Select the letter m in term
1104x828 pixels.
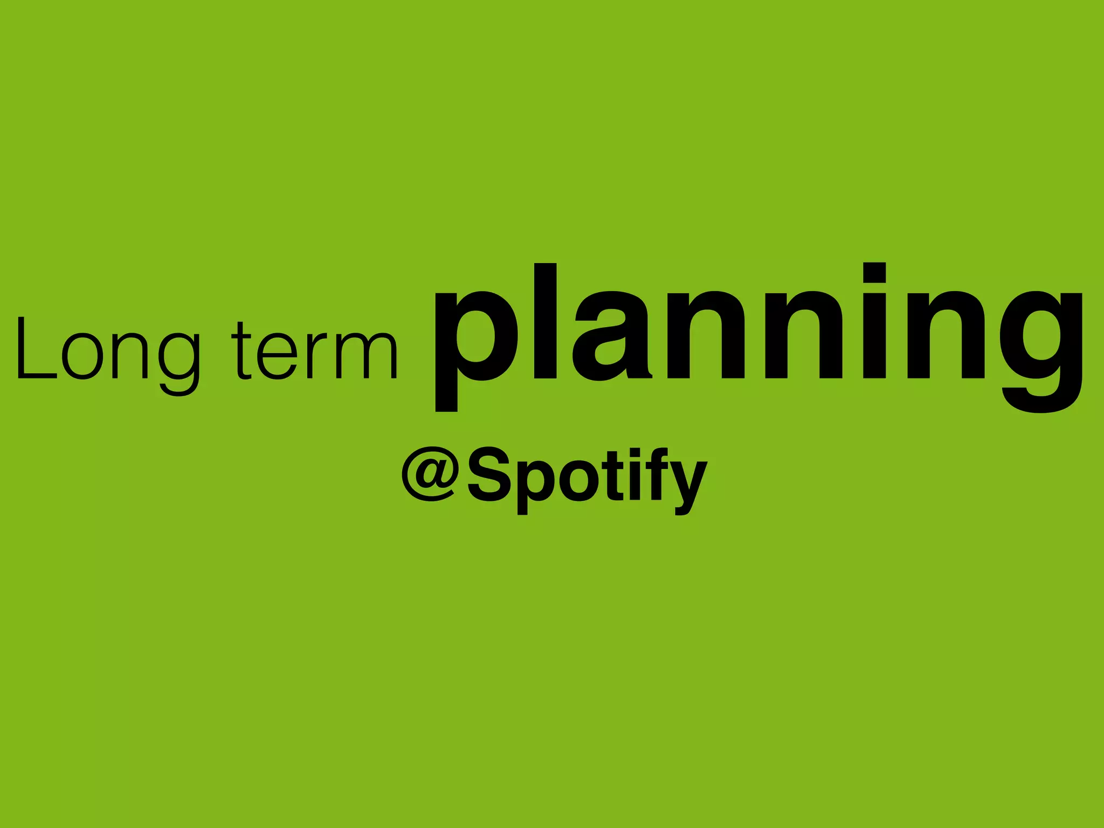coord(367,356)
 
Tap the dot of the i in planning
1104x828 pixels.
coord(874,273)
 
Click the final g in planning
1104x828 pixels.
coord(1040,350)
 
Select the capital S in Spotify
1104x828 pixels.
coord(489,474)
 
